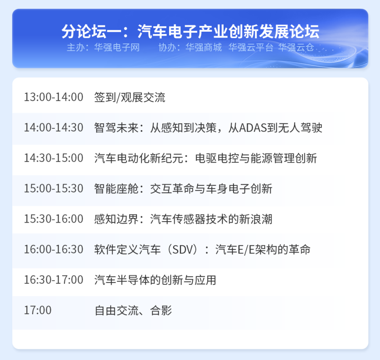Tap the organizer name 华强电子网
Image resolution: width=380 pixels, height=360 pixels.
(117, 48)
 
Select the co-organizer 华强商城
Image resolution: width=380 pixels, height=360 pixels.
(204, 48)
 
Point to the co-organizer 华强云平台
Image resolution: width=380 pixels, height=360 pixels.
(251, 48)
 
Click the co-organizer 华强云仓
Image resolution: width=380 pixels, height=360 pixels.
(296, 48)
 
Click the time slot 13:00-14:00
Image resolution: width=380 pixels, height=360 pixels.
(54, 97)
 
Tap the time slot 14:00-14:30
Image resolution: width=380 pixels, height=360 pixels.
(54, 128)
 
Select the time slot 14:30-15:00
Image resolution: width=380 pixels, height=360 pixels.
(54, 158)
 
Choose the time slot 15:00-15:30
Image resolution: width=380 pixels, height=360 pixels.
(54, 189)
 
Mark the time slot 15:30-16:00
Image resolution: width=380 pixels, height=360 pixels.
(54, 219)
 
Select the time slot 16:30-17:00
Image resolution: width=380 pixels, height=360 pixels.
(54, 280)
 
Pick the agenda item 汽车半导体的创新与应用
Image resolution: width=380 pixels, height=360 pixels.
(155, 280)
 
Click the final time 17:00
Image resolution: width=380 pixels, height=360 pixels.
(38, 310)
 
